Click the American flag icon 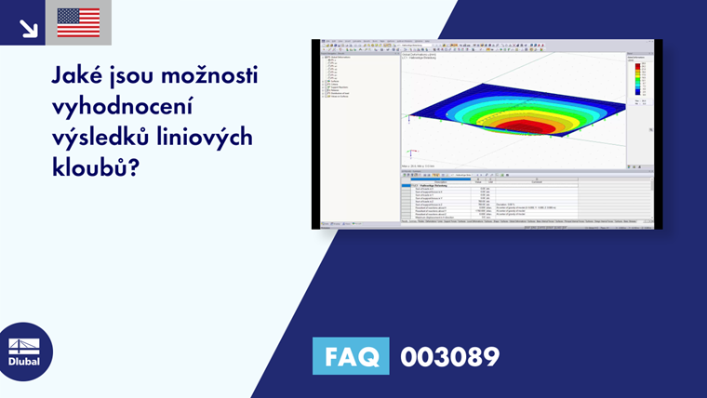point(78,22)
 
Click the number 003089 point(449,356)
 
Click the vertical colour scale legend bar point(638,84)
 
